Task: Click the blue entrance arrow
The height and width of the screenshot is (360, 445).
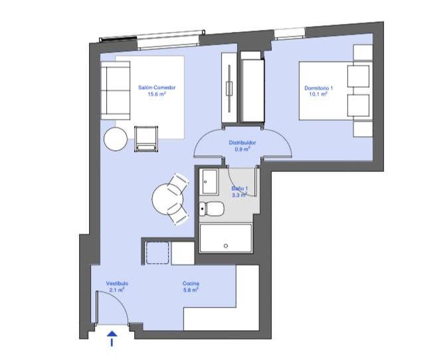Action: pyautogui.click(x=112, y=339)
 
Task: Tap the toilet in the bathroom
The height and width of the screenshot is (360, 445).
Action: pyautogui.click(x=211, y=209)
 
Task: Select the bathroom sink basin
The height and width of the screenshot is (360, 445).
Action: pyautogui.click(x=209, y=182)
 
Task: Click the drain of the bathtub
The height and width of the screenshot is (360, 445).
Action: pyautogui.click(x=226, y=246)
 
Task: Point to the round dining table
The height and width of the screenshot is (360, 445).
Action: pyautogui.click(x=167, y=199)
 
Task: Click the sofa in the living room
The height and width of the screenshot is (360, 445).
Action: pyautogui.click(x=116, y=90)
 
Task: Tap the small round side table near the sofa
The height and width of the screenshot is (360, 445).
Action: pyautogui.click(x=116, y=139)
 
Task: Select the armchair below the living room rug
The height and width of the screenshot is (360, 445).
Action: pyautogui.click(x=146, y=139)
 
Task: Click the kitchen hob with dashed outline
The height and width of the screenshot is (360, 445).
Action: pyautogui.click(x=157, y=253)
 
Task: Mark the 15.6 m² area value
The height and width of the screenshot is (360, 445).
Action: pyautogui.click(x=157, y=94)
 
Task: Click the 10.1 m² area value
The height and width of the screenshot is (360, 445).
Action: pyautogui.click(x=318, y=94)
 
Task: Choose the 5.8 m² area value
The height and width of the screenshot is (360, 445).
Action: pyautogui.click(x=191, y=290)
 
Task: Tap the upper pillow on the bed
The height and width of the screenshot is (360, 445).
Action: pyautogui.click(x=359, y=76)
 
